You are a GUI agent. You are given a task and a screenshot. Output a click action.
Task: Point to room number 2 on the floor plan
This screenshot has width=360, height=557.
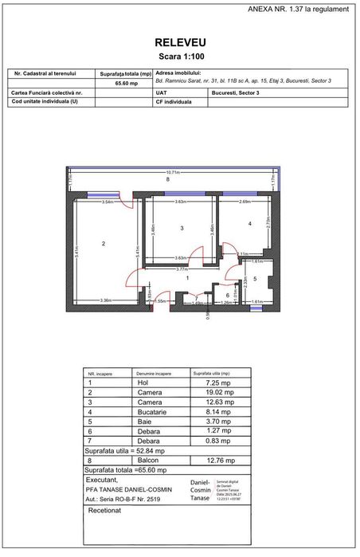click(x=104, y=243)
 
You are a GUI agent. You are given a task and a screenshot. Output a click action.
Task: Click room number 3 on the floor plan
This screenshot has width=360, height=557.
click(x=182, y=229)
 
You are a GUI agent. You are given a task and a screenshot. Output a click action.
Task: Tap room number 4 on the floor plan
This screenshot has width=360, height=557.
click(x=250, y=225)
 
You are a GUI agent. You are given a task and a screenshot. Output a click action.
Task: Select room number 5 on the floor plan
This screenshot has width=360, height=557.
click(x=255, y=278)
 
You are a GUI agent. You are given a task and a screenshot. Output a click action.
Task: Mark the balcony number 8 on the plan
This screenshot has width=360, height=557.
click(x=167, y=180)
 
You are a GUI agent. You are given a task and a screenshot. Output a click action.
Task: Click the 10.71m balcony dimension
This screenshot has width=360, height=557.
click(x=172, y=172)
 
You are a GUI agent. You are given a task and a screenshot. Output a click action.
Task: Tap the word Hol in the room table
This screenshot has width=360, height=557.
click(x=143, y=382)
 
